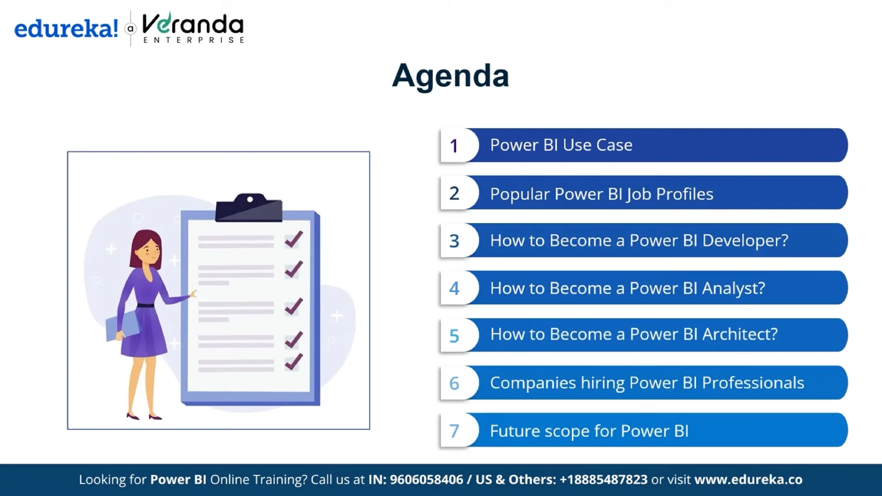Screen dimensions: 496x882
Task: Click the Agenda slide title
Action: click(450, 76)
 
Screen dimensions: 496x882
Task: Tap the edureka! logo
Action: click(66, 29)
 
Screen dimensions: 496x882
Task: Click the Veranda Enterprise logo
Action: click(193, 28)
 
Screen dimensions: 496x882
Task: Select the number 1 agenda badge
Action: click(454, 146)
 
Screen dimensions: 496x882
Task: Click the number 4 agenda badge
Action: click(454, 288)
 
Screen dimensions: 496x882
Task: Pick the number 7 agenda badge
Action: click(454, 431)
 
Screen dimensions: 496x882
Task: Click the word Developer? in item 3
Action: click(745, 240)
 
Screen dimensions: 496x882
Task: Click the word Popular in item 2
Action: click(520, 194)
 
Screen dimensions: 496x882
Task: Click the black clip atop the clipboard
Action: click(249, 208)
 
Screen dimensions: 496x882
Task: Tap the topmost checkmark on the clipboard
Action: click(294, 239)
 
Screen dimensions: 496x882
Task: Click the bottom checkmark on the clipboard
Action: click(294, 362)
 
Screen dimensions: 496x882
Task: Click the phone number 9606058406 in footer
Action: click(426, 480)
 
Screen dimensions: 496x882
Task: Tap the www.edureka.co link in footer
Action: click(748, 480)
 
